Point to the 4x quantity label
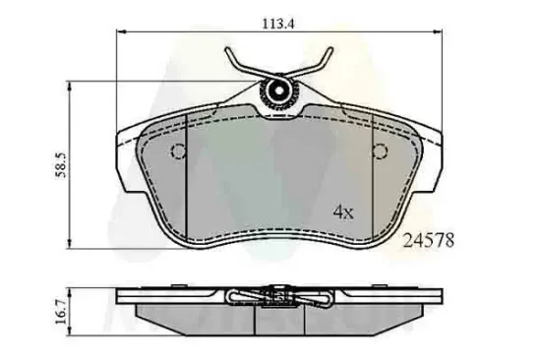coord(341,210)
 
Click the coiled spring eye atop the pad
coord(278,92)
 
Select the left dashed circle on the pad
coord(178,151)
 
